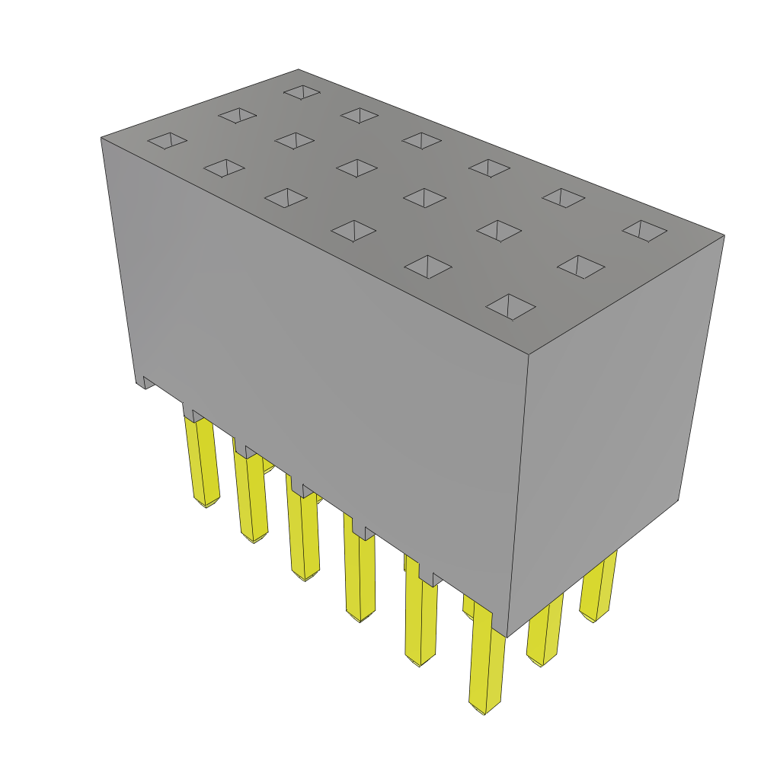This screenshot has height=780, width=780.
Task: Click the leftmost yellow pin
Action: [202, 461]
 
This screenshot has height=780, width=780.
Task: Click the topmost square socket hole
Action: [302, 91]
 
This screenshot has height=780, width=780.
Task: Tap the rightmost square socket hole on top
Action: [644, 230]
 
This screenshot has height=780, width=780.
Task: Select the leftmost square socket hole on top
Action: [168, 141]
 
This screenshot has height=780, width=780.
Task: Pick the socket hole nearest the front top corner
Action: [510, 306]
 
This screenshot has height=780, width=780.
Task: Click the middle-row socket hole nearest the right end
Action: [580, 267]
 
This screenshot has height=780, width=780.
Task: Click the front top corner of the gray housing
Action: [529, 354]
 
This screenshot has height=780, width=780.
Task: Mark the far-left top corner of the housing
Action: [101, 138]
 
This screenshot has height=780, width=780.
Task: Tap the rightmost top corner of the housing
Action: [724, 235]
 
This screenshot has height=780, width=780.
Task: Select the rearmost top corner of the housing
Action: [299, 70]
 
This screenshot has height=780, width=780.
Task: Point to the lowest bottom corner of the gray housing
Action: [507, 636]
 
